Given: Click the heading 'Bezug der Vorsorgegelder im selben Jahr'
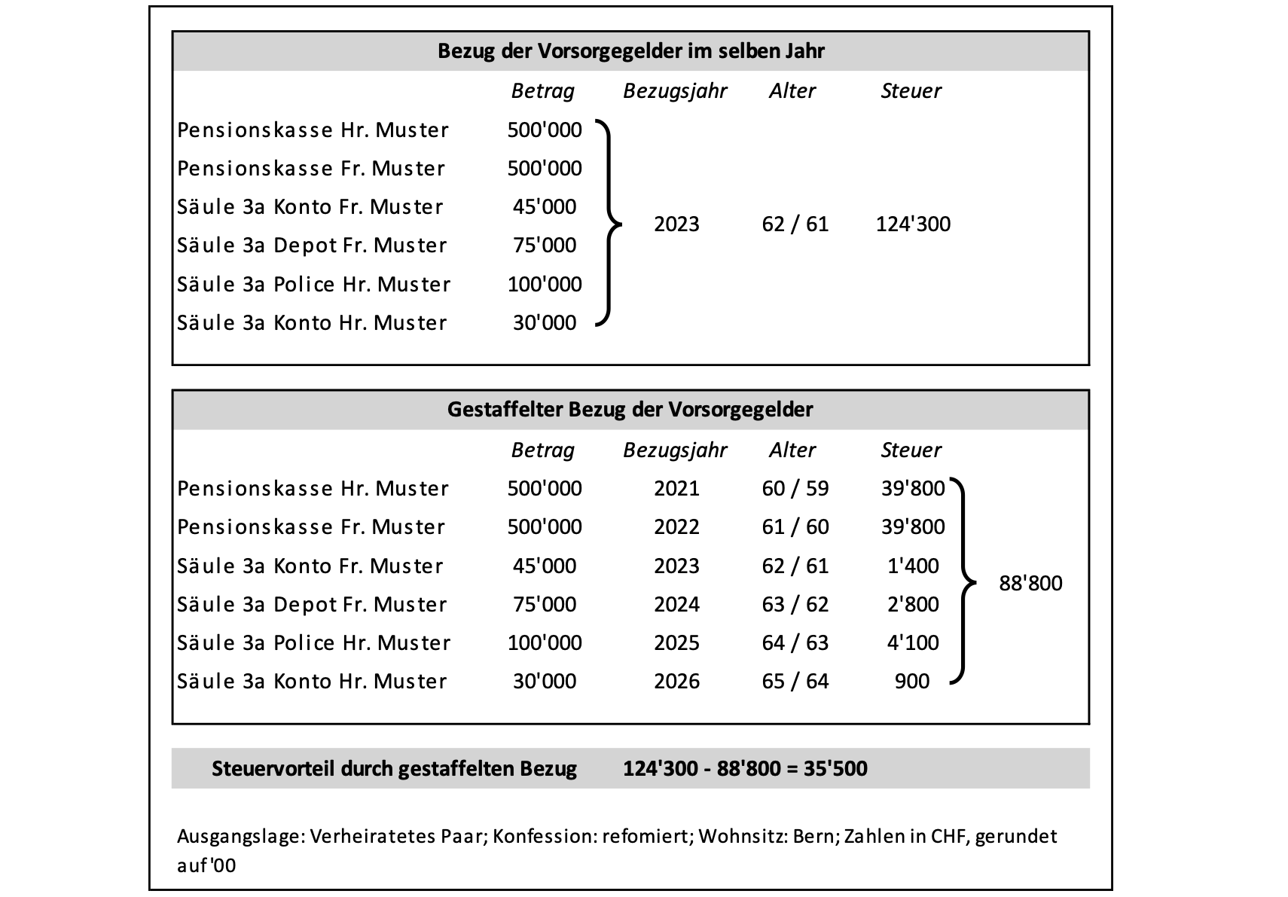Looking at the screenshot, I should pyautogui.click(x=630, y=51).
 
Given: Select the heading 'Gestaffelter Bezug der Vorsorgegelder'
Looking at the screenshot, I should pyautogui.click(x=630, y=410).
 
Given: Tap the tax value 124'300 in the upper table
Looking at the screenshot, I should pyautogui.click(x=913, y=224).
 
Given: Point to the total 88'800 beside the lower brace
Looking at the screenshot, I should pyautogui.click(x=1030, y=584).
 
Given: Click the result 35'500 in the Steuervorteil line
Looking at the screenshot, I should pyautogui.click(x=835, y=769).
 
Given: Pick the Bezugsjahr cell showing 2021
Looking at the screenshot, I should pyautogui.click(x=676, y=489).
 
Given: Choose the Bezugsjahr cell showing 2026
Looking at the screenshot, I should pyautogui.click(x=676, y=682).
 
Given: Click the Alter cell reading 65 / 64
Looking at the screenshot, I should pyautogui.click(x=795, y=682).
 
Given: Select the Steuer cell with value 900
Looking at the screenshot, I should pyautogui.click(x=911, y=682).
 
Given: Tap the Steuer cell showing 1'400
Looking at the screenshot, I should pyautogui.click(x=913, y=566).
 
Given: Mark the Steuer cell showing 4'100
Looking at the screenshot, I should pyautogui.click(x=913, y=643).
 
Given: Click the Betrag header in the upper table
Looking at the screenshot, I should pyautogui.click(x=542, y=91).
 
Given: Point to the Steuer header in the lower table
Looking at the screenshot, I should pyautogui.click(x=911, y=450).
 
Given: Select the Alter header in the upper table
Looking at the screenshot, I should pyautogui.click(x=792, y=91).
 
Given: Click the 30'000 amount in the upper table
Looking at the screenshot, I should pyautogui.click(x=544, y=323).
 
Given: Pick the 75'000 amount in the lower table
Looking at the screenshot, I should pyautogui.click(x=544, y=605).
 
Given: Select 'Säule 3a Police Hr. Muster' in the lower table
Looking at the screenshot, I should pyautogui.click(x=313, y=643).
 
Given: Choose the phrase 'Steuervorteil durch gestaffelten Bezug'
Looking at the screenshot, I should pyautogui.click(x=394, y=769).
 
